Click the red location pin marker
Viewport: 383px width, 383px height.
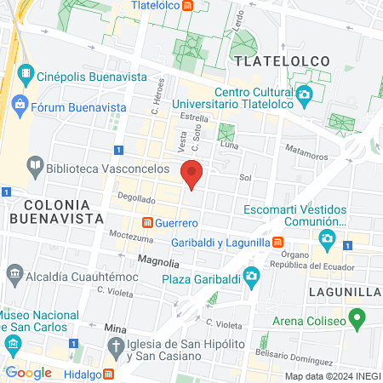tap(192, 172)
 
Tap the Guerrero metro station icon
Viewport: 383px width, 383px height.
tap(147, 223)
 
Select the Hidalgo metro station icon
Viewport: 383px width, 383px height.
tap(108, 374)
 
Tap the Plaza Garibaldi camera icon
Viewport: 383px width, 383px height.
tap(250, 276)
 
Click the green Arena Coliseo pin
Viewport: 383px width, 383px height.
tap(358, 322)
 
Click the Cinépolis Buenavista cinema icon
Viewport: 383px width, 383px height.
tap(27, 75)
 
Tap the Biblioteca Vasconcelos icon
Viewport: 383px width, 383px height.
tap(36, 163)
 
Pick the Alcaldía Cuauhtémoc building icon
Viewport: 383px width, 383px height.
tap(14, 275)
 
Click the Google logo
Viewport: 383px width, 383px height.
tap(28, 372)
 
